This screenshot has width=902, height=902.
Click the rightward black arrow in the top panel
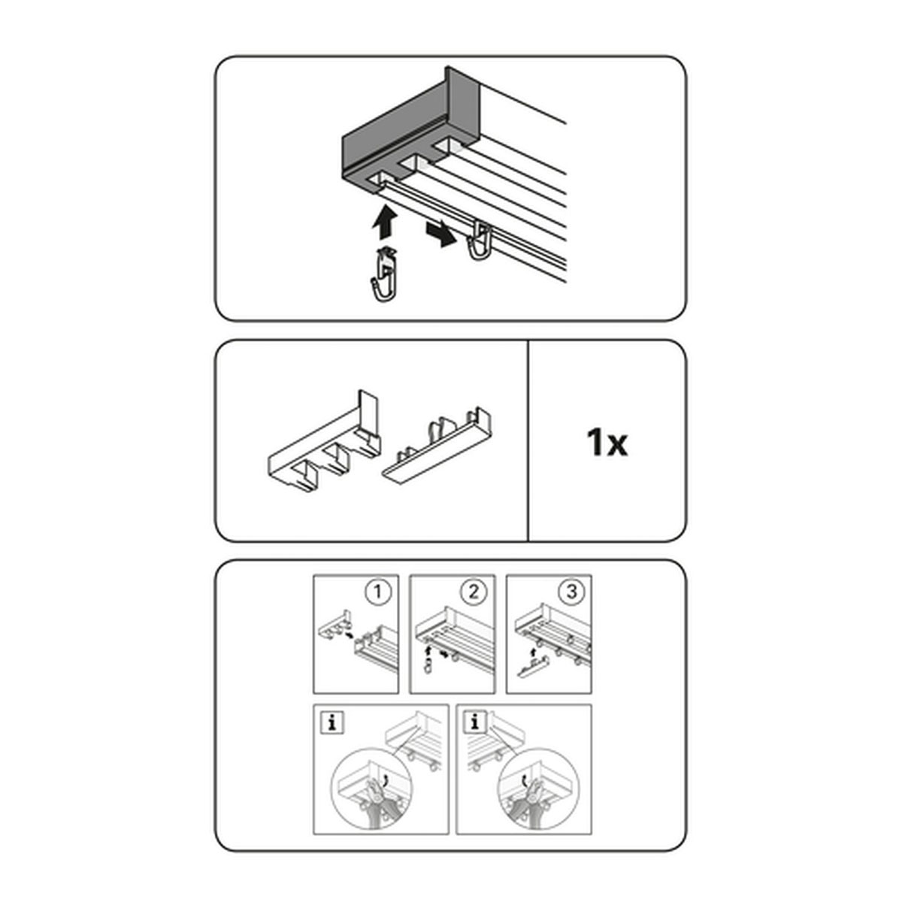(x=440, y=233)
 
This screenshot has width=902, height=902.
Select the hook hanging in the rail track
(x=480, y=241)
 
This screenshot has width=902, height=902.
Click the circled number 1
(x=377, y=592)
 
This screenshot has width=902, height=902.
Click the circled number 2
(x=474, y=592)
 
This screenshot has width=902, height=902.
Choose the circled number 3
(x=571, y=592)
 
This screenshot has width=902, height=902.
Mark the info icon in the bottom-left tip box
(x=332, y=724)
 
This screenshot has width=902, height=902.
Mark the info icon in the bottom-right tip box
(x=475, y=724)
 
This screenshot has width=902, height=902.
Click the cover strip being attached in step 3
(x=533, y=666)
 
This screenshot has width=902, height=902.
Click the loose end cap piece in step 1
(x=334, y=626)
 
